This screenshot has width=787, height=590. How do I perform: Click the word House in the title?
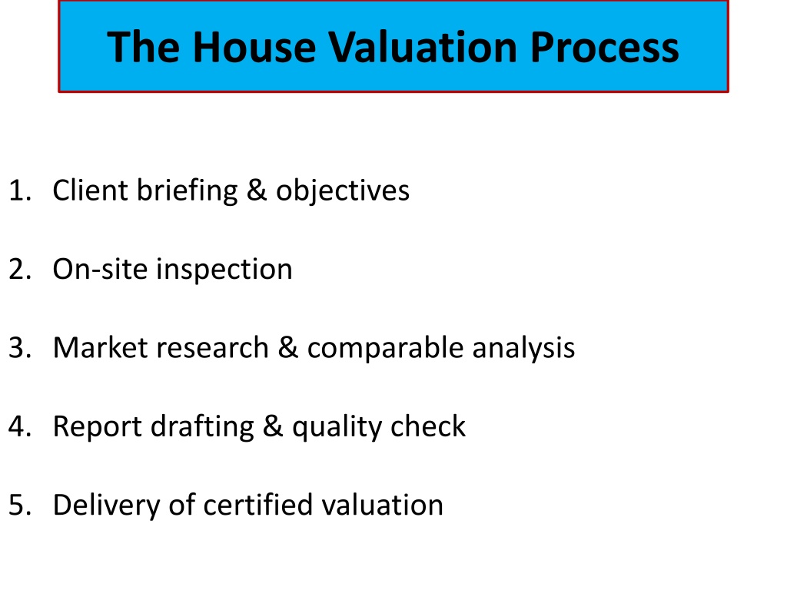[x=254, y=47]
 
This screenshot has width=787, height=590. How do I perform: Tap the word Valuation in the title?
[x=423, y=47]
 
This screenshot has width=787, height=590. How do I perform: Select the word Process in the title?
[x=604, y=47]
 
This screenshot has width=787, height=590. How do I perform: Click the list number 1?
[x=19, y=191]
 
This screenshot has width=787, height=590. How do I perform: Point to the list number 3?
[x=19, y=348]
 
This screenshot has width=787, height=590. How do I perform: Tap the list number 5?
[x=19, y=505]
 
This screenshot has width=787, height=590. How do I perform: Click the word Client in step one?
[x=91, y=191]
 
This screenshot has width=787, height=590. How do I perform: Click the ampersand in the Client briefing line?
[x=257, y=191]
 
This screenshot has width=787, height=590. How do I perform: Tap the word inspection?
[x=224, y=270]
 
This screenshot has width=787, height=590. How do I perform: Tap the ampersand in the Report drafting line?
[x=273, y=426]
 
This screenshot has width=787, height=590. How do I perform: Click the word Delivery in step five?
[x=106, y=505]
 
